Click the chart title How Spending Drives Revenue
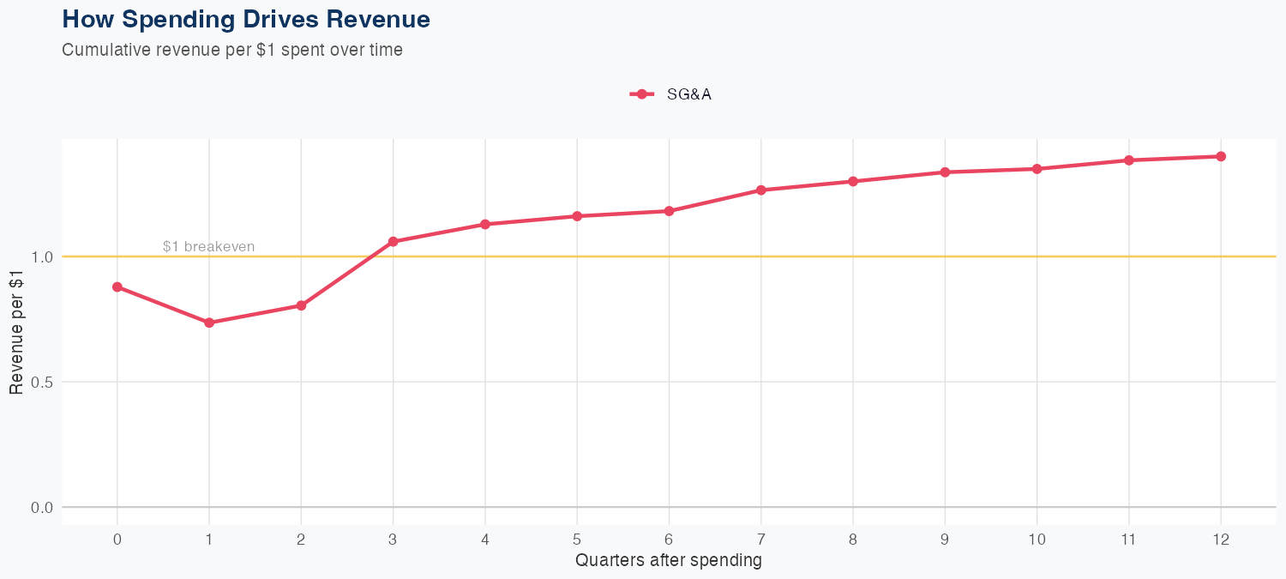click(x=246, y=19)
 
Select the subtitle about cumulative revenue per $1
click(x=232, y=50)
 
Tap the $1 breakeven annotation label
click(x=208, y=247)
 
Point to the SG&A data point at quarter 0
click(x=117, y=286)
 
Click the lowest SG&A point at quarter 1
click(x=209, y=323)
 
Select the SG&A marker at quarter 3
click(x=394, y=242)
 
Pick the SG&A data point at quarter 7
click(x=761, y=190)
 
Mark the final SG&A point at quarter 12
click(x=1221, y=156)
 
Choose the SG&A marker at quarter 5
click(x=577, y=216)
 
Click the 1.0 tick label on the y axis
click(x=42, y=256)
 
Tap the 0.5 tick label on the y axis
click(x=42, y=382)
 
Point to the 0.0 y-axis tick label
click(x=42, y=507)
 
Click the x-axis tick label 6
click(x=669, y=540)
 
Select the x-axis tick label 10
click(x=1037, y=540)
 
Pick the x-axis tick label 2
click(x=301, y=540)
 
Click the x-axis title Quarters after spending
click(x=669, y=561)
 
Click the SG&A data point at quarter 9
click(x=945, y=172)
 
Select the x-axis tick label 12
click(x=1221, y=540)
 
